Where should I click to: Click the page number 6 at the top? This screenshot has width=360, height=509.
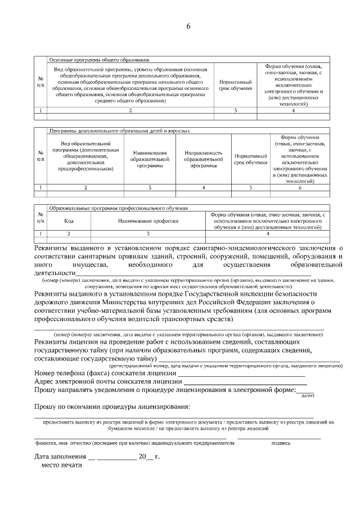tap(188, 26)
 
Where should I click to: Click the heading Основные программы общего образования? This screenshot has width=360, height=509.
tap(99, 59)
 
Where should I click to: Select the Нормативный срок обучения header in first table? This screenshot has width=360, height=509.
tap(235, 85)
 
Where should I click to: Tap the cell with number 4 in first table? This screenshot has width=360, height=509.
tap(293, 111)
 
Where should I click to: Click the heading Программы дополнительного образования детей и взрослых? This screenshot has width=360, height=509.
tap(119, 130)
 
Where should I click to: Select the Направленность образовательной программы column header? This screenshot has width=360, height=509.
tap(203, 159)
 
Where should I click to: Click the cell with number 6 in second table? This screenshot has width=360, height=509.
tap(300, 187)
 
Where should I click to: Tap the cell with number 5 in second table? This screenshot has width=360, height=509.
tap(251, 187)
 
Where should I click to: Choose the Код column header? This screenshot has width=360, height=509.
tap(69, 222)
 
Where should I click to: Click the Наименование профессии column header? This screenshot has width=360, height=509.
tap(148, 222)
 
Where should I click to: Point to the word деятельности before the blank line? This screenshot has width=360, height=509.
tap(55, 273)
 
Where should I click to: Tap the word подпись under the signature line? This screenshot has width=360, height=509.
tap(281, 443)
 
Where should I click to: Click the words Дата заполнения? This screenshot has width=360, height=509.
tap(60, 457)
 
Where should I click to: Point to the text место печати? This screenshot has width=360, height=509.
tap(59, 466)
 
